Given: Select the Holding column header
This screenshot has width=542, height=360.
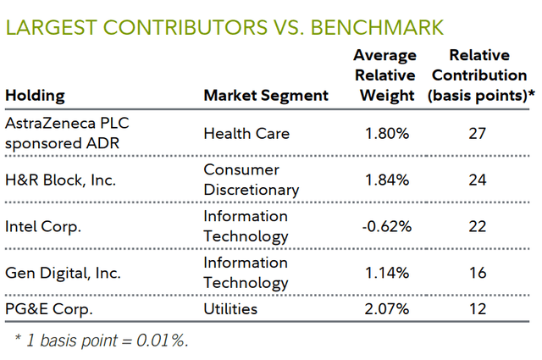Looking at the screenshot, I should [x=36, y=96].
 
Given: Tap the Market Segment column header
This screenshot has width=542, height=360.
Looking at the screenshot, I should [x=266, y=96].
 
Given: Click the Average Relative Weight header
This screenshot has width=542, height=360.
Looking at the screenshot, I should [x=384, y=75].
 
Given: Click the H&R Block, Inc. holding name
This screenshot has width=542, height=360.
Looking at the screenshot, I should [x=61, y=180].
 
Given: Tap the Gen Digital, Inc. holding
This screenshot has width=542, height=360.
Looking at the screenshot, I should [x=62, y=273].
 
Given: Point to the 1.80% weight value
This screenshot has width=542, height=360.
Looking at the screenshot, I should [x=387, y=133].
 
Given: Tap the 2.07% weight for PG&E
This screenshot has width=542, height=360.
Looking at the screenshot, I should [x=387, y=309].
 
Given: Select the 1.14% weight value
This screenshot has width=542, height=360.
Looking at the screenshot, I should [x=387, y=273].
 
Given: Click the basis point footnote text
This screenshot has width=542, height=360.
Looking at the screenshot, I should [x=102, y=341].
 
